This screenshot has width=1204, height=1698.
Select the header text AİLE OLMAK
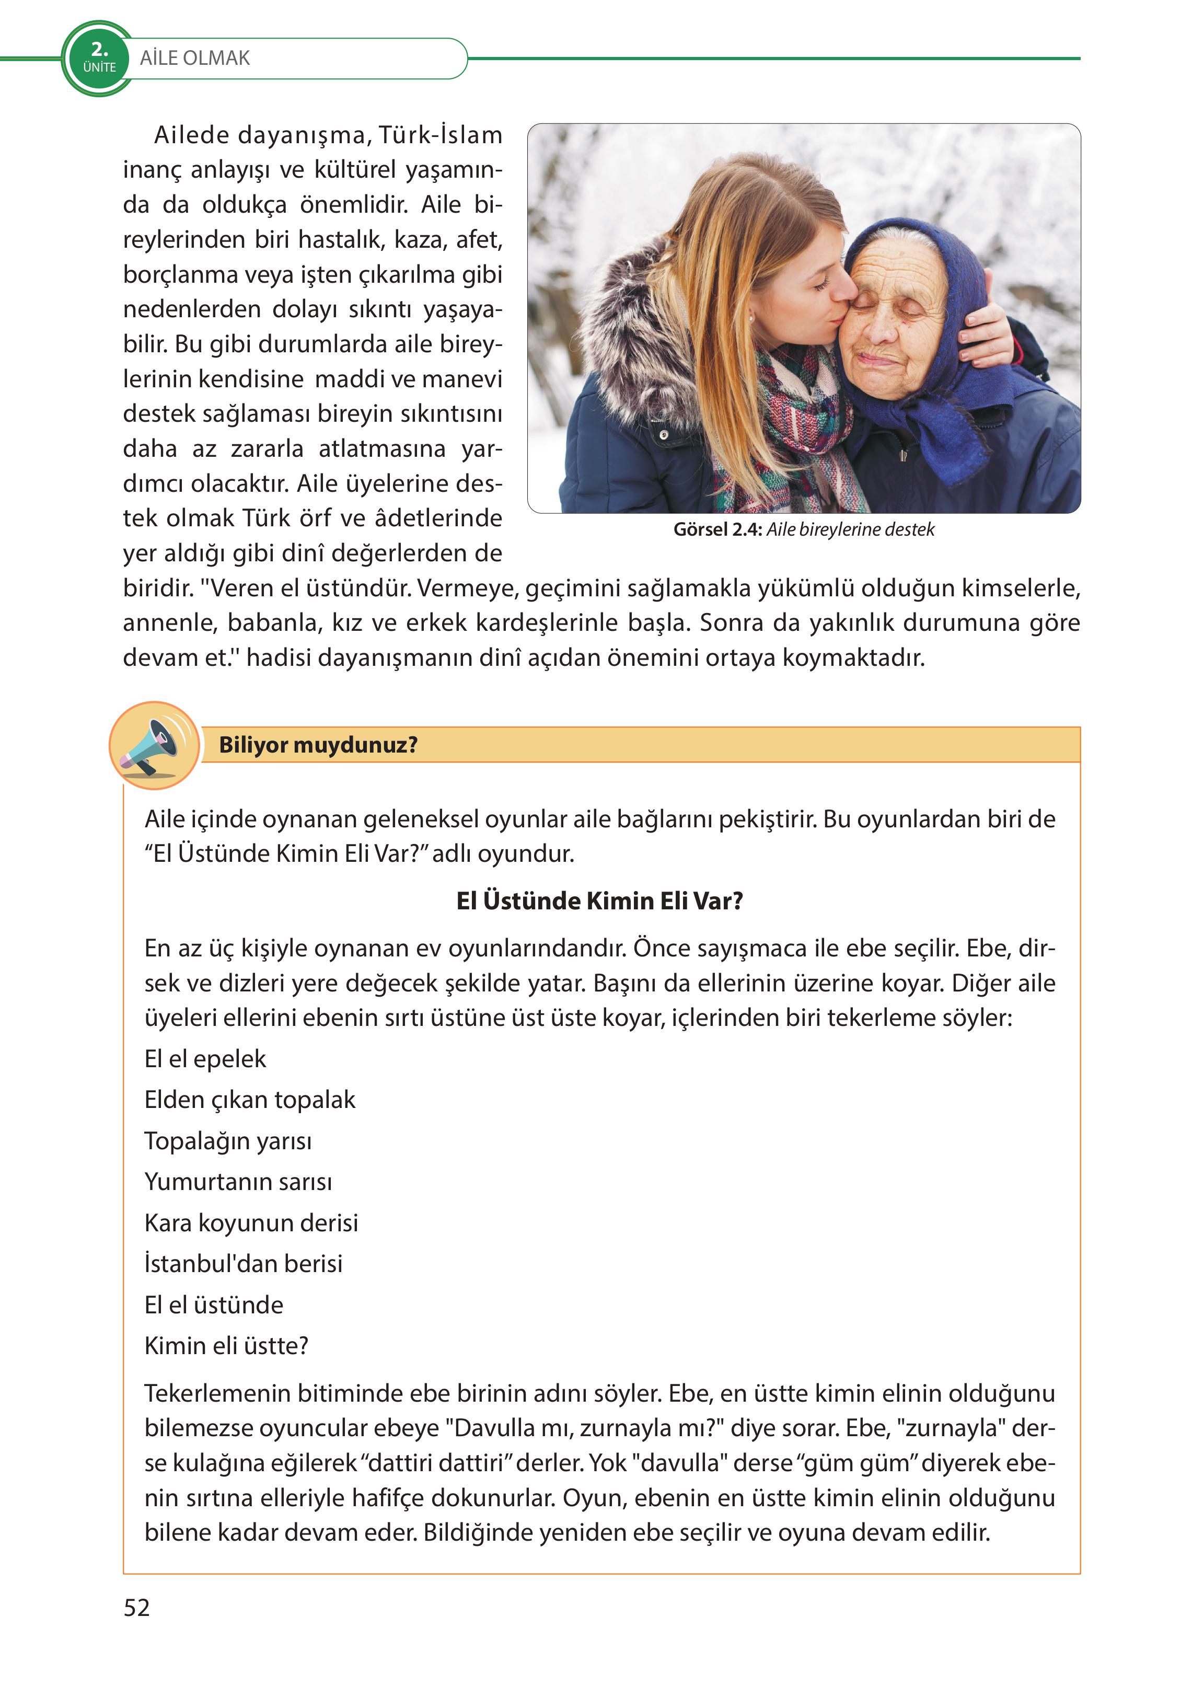coord(195,58)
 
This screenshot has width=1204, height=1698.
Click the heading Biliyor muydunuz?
coord(318,744)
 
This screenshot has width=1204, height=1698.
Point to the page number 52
coord(136,1608)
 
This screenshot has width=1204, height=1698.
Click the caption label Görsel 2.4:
coord(717,529)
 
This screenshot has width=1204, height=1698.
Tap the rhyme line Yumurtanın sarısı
coord(238,1181)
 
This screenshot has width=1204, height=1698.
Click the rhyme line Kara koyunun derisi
coord(251,1222)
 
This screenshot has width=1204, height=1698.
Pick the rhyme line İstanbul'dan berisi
coord(243,1263)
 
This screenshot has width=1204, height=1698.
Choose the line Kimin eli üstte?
coord(226,1345)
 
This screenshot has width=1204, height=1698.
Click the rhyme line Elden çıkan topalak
coord(250,1099)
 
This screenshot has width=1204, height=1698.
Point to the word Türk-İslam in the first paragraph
coord(441,135)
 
